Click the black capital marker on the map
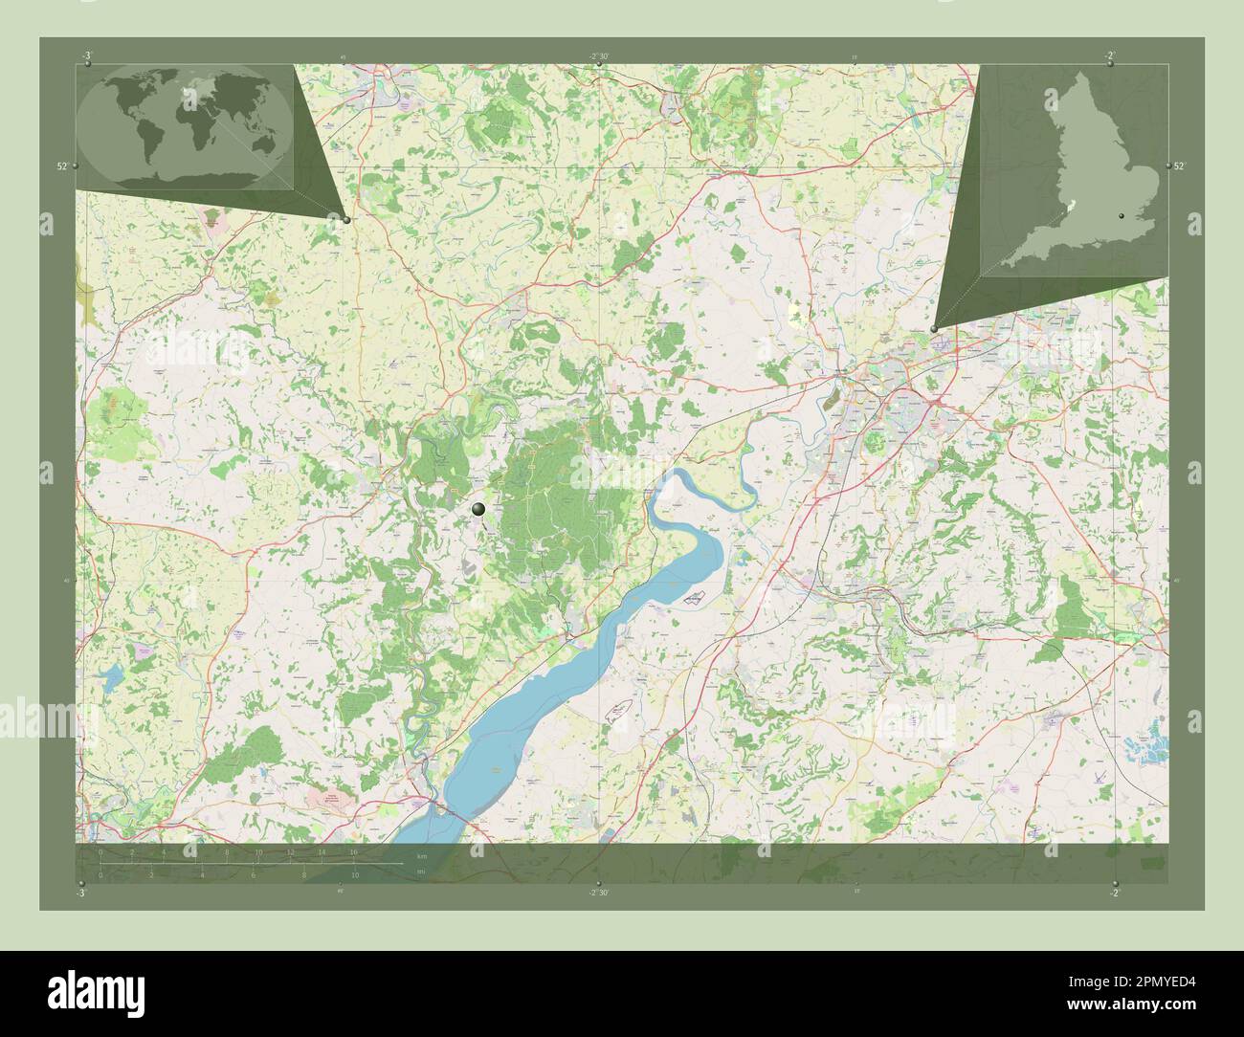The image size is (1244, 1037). [478, 510]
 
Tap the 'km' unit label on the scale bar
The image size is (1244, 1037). [422, 854]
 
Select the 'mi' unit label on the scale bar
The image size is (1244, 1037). [421, 872]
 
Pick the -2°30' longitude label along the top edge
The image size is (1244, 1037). [599, 55]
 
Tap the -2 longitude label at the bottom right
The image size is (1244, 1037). [1113, 893]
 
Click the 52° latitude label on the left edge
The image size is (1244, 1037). [61, 165]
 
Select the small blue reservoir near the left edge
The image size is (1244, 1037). [113, 676]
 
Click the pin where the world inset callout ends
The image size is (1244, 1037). [346, 219]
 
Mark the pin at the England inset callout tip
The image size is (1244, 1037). [934, 328]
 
